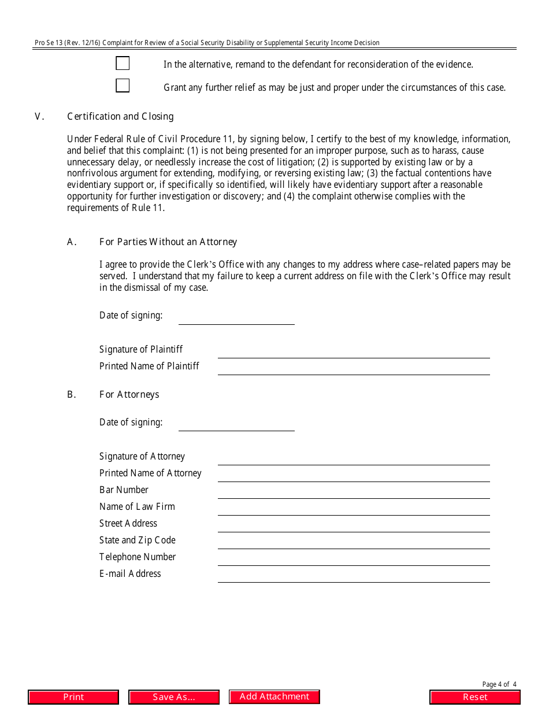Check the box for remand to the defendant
point(123,64)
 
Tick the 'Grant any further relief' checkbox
point(123,86)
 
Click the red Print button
point(73,697)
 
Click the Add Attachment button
point(274,697)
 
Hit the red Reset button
point(475,697)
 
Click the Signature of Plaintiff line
point(353,351)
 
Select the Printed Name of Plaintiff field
point(353,368)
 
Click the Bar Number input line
point(353,492)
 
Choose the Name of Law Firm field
point(353,509)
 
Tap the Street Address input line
point(353,525)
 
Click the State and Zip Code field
point(353,542)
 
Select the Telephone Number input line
point(353,559)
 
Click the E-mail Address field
point(353,576)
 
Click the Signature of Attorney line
point(353,458)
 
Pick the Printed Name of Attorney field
point(353,475)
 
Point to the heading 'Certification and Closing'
point(120,116)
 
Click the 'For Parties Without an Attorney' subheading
point(168,242)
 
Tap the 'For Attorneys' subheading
point(129,394)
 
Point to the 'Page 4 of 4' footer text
point(499,684)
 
